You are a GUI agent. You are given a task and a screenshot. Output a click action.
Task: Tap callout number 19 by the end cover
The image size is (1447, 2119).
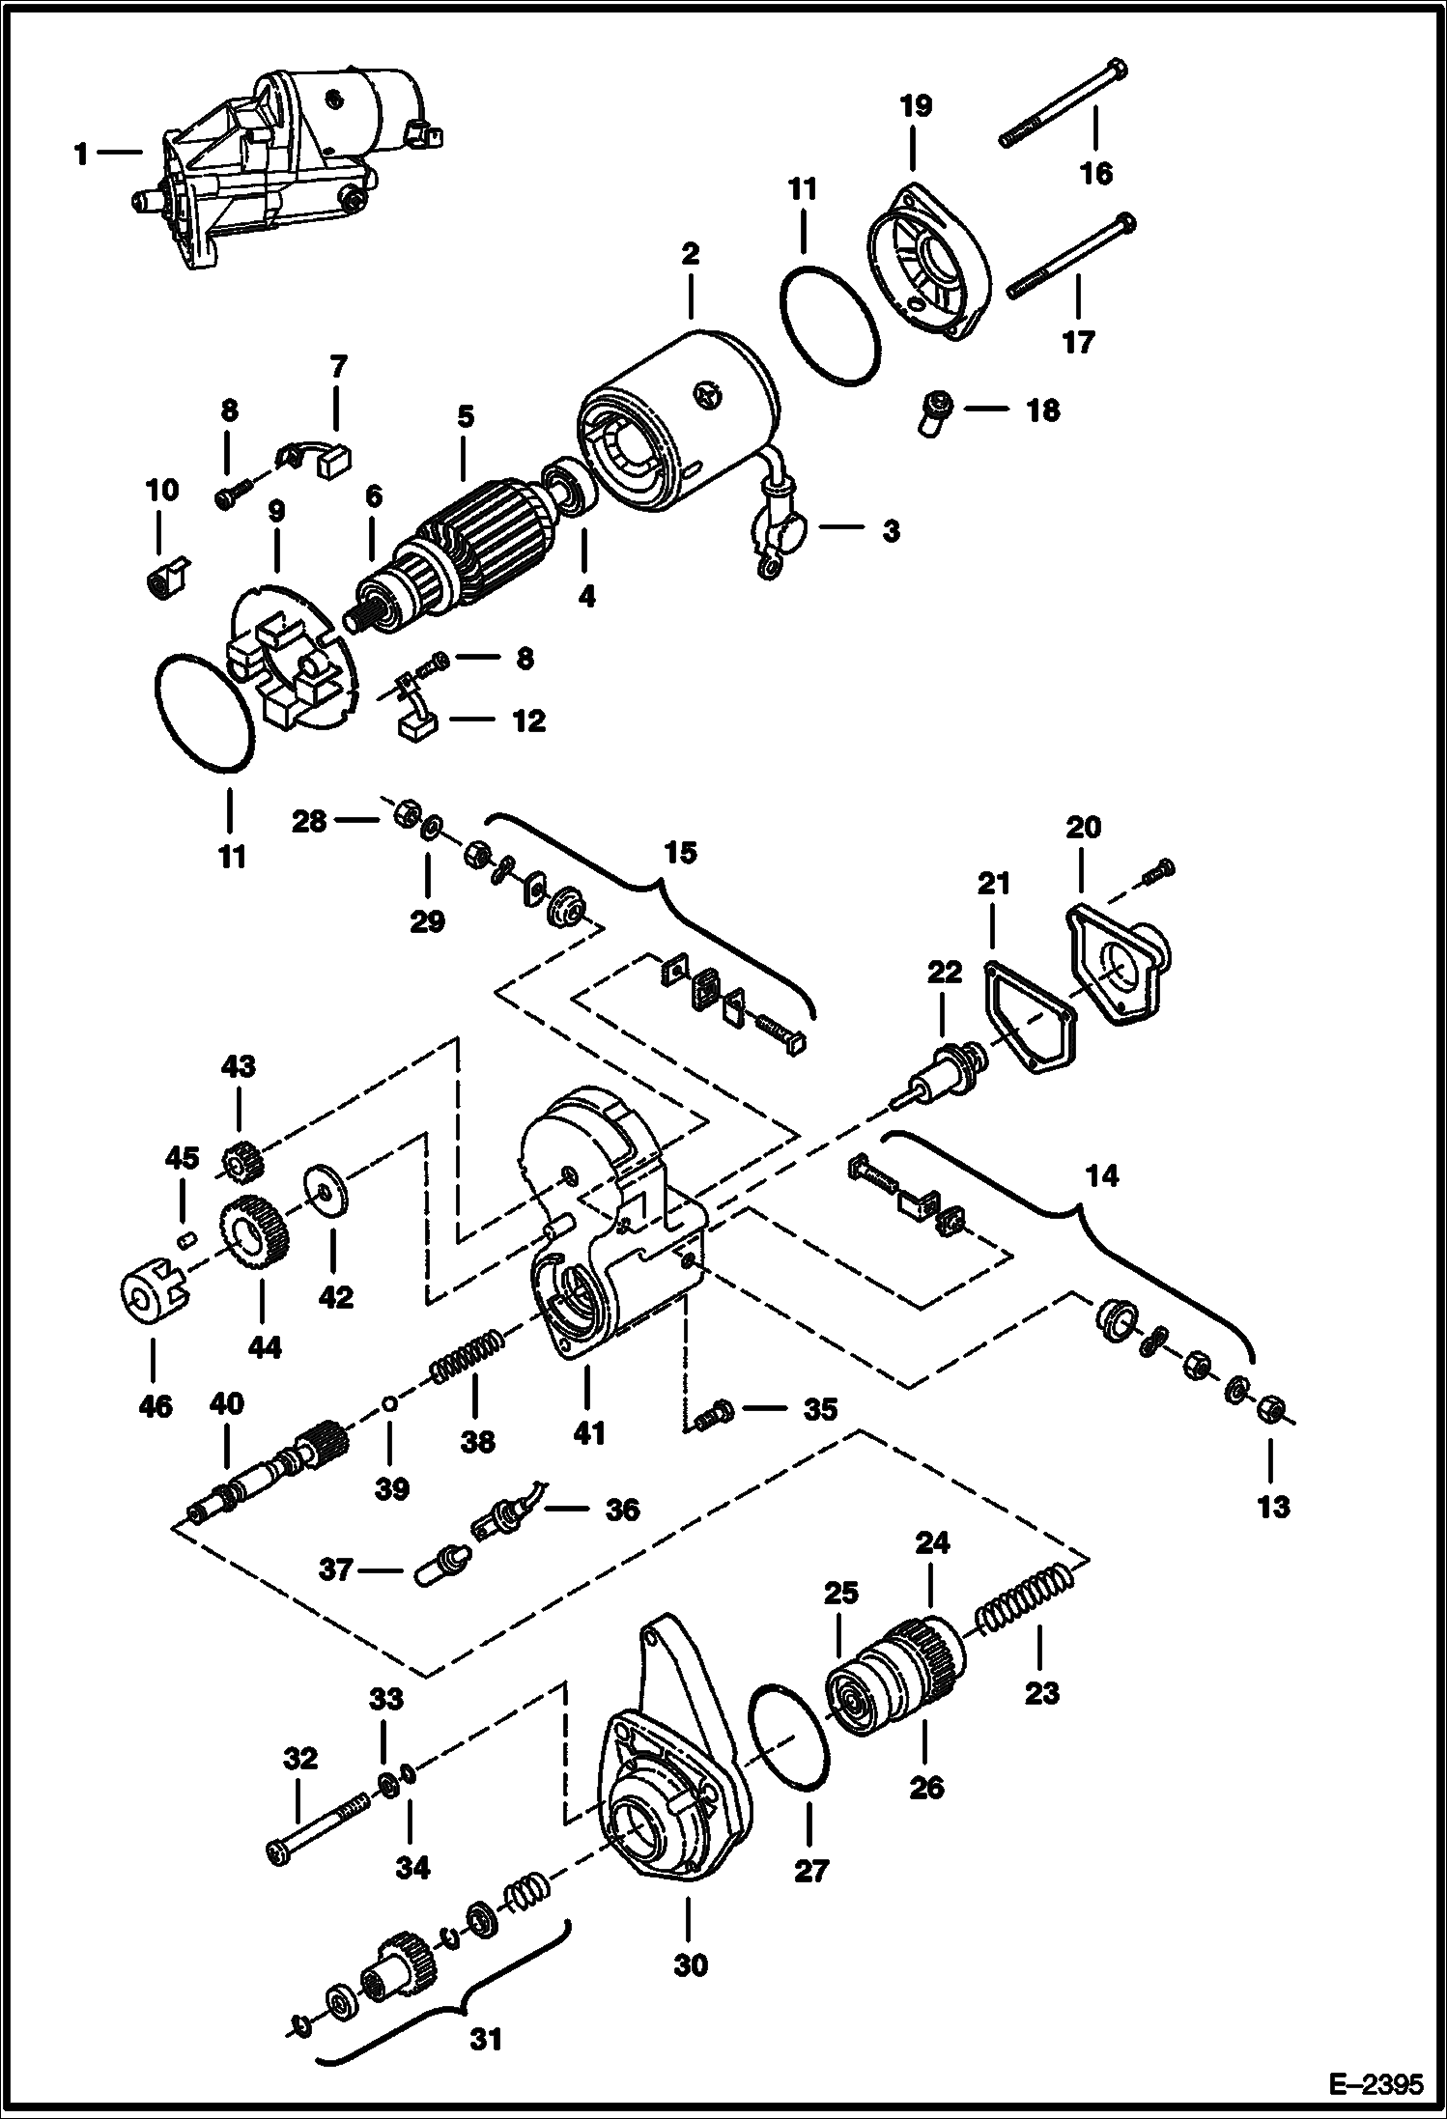[x=916, y=105]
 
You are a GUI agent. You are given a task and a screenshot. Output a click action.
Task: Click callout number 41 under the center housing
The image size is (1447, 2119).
[x=588, y=1432]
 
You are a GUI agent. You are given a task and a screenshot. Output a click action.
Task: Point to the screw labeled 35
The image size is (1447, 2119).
[x=713, y=1414]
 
